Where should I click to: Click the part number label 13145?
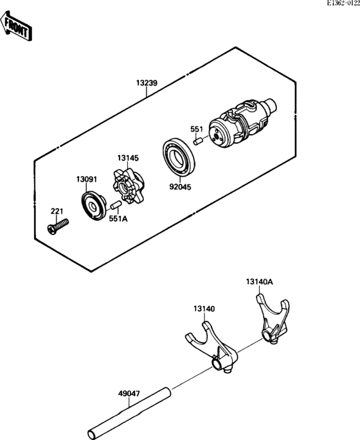(x=128, y=157)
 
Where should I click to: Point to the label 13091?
(x=87, y=179)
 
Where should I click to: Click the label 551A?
(x=118, y=218)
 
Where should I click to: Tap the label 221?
(x=58, y=211)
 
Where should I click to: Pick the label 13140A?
(x=259, y=281)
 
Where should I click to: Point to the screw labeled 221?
(x=57, y=225)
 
